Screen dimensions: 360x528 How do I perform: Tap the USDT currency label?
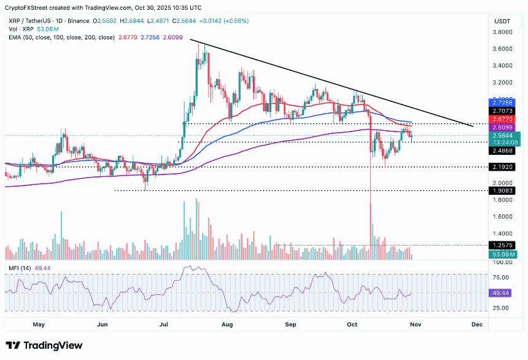[x=502, y=21]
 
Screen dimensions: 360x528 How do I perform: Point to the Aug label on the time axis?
[x=228, y=323]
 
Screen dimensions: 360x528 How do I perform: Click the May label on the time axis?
[x=39, y=323]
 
